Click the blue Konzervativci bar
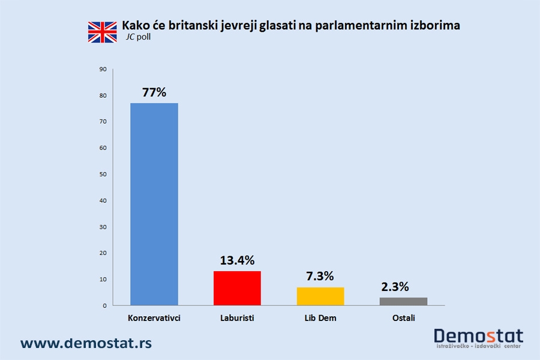pyautogui.click(x=154, y=204)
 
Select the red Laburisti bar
pyautogui.click(x=237, y=288)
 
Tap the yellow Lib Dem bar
pyautogui.click(x=320, y=296)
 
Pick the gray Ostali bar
pyautogui.click(x=403, y=301)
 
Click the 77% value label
pyautogui.click(x=154, y=92)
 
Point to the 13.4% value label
pyautogui.click(x=237, y=260)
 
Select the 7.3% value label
pyautogui.click(x=320, y=277)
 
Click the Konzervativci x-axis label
pyautogui.click(x=154, y=318)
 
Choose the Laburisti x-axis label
pyautogui.click(x=237, y=318)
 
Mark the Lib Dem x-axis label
pyautogui.click(x=320, y=318)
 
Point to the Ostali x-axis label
pyautogui.click(x=403, y=318)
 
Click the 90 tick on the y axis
pyautogui.click(x=103, y=70)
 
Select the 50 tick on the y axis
pyautogui.click(x=103, y=175)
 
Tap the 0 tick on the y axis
pyautogui.click(x=104, y=305)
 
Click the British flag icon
pyautogui.click(x=103, y=32)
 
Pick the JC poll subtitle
pyautogui.click(x=139, y=37)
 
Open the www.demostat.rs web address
pyautogui.click(x=86, y=343)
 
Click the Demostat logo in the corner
pyautogui.click(x=478, y=338)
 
